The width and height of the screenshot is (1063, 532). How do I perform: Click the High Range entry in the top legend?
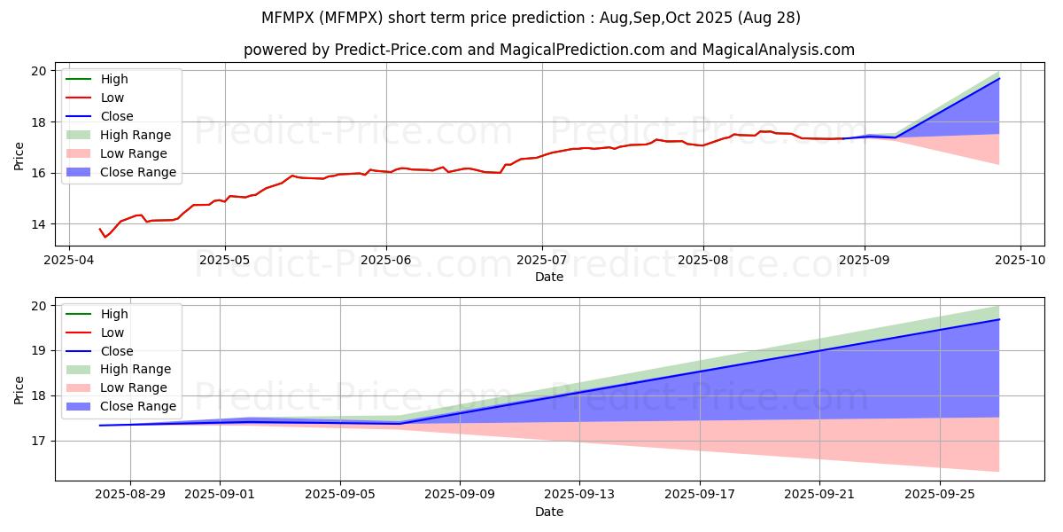pyautogui.click(x=136, y=135)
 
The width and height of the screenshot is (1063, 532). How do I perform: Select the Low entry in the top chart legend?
pyautogui.click(x=113, y=98)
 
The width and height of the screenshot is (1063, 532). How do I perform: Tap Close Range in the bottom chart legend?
pyautogui.click(x=138, y=406)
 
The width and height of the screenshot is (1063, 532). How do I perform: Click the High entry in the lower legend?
pyautogui.click(x=114, y=314)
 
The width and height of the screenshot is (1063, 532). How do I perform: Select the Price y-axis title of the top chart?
pyautogui.click(x=19, y=156)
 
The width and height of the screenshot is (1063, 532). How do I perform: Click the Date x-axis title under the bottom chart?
pyautogui.click(x=549, y=512)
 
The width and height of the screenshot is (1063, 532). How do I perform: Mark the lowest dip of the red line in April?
pyautogui.click(x=105, y=237)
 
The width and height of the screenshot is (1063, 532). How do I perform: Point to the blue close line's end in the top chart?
pyautogui.click(x=999, y=79)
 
